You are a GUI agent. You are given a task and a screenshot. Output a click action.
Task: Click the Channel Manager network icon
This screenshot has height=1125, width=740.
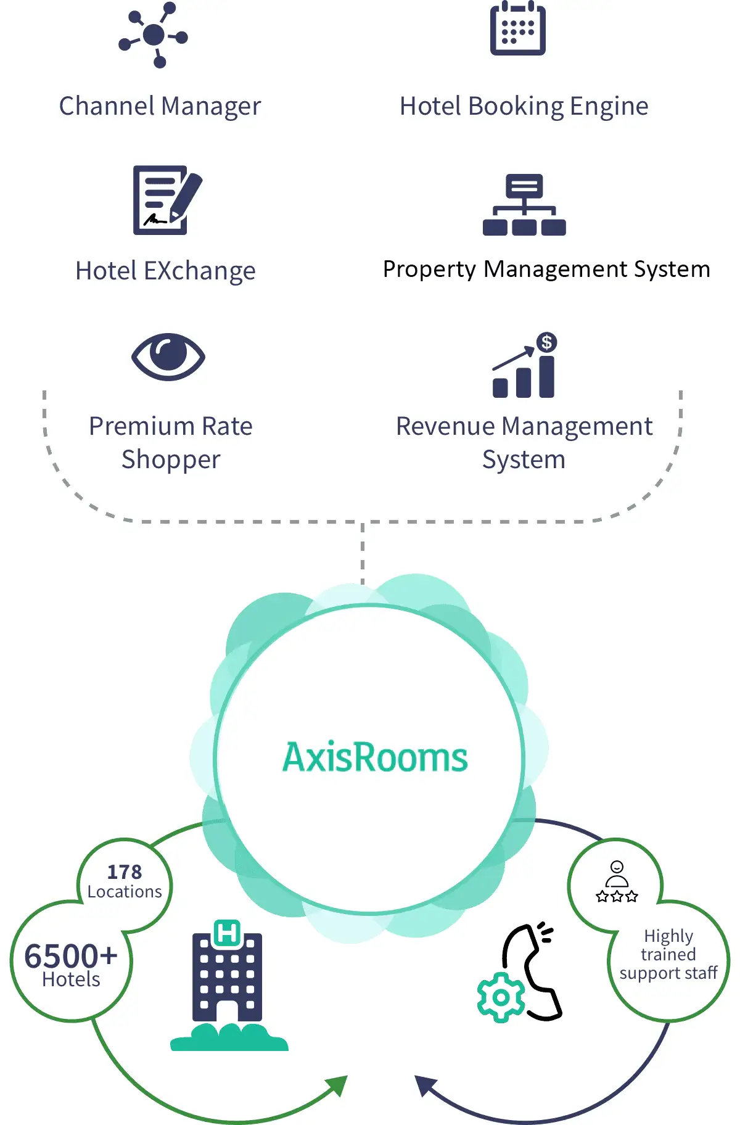coord(154,35)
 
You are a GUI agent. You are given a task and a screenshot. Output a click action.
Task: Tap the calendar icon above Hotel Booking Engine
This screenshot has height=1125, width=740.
coord(517,29)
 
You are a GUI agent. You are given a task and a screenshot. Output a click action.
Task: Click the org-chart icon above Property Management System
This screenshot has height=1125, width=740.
coord(524,205)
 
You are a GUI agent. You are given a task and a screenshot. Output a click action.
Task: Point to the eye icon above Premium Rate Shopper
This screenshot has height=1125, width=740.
coord(168,356)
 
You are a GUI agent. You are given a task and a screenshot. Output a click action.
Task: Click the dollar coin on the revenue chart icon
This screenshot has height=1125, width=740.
coord(546,342)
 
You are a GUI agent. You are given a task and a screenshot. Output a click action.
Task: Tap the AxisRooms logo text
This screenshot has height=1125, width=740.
coord(375,757)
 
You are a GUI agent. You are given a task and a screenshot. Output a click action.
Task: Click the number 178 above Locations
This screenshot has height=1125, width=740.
coord(125,872)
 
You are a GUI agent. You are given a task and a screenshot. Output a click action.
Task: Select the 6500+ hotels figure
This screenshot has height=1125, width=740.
coord(70,957)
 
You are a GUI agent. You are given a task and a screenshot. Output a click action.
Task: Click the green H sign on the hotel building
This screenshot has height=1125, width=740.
coord(227,933)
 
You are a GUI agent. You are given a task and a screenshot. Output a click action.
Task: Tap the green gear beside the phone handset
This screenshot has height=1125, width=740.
coord(500,997)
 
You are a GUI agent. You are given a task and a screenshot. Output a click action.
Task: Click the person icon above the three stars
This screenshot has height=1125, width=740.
coord(617,874)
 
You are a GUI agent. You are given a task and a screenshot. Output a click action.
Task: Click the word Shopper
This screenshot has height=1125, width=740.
coord(171,460)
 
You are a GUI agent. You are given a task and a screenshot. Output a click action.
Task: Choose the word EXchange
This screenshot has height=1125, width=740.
coord(199,271)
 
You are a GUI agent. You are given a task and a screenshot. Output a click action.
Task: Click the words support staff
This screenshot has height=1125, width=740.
coord(668,973)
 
